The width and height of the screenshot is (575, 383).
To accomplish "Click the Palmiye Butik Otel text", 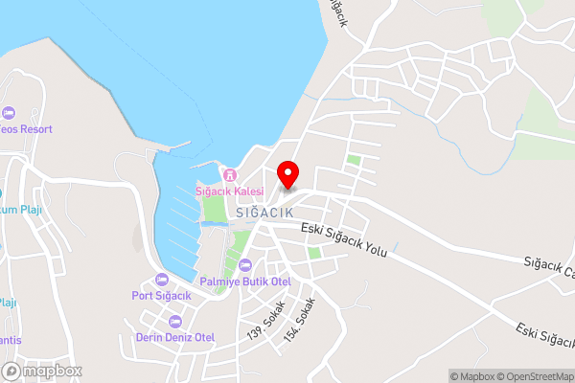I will [245, 282].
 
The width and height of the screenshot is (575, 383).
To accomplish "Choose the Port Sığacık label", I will [162, 295].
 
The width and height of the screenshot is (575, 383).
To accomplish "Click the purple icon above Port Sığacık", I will [162, 280].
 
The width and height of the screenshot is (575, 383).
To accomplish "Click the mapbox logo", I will [42, 371].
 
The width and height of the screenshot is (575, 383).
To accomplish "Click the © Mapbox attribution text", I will [471, 376].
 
